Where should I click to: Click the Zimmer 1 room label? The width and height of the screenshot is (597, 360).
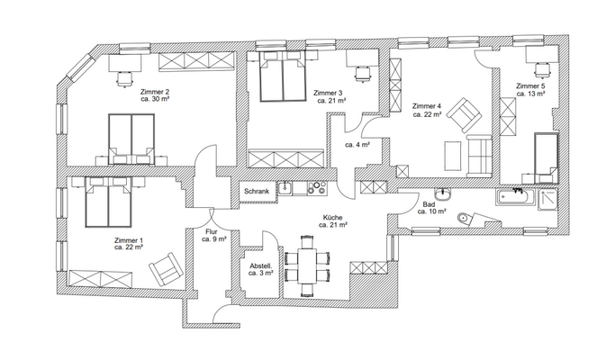coord(129,241)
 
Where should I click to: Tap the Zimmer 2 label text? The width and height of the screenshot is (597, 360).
coord(154,93)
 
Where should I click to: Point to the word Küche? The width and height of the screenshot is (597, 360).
coord(334,218)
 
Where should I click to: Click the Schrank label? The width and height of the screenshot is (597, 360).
coord(256,190)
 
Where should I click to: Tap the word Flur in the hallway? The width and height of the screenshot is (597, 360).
coord(212,232)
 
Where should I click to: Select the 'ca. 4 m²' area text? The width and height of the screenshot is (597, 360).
coord(357,144)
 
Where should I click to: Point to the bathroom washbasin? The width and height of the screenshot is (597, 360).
coord(441,193)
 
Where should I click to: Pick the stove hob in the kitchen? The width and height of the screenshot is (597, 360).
coord(316,189)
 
